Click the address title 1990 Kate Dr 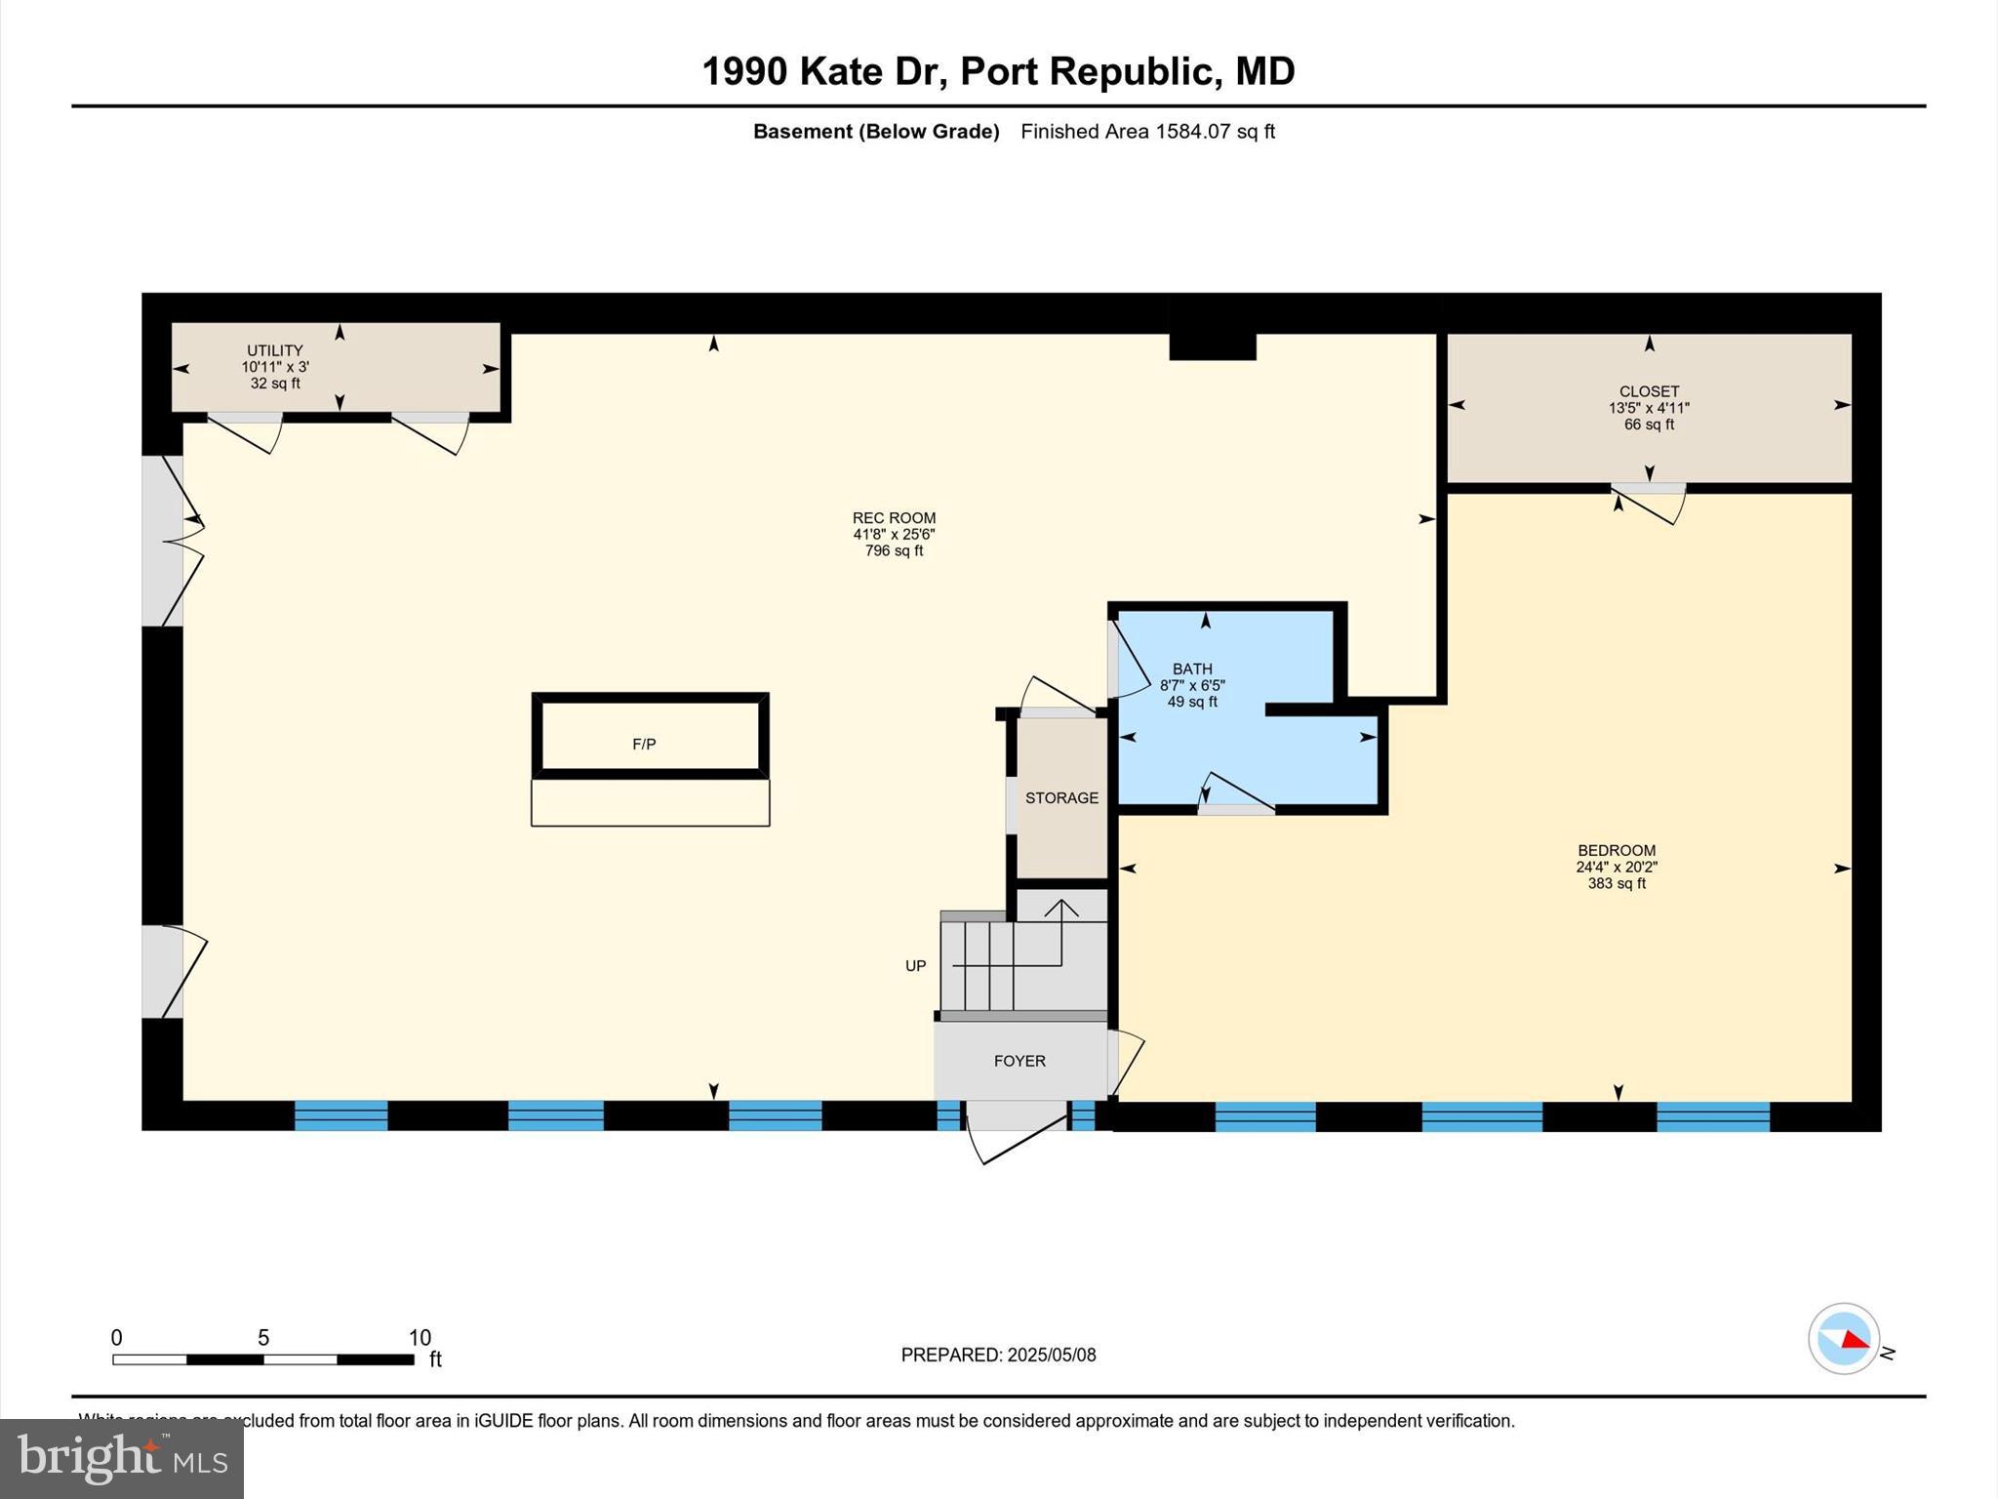(997, 71)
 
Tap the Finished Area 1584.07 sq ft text (1147, 132)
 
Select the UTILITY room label (274, 350)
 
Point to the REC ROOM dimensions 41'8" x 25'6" (894, 535)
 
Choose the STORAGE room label (1061, 798)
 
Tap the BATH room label (1192, 669)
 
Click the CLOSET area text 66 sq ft (1649, 425)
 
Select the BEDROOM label (1617, 850)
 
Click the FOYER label (1019, 1061)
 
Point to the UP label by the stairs (915, 966)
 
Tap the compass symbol (1843, 1339)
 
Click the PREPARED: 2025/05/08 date (998, 1355)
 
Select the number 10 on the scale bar (420, 1338)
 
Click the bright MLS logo (122, 1459)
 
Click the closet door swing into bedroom (1649, 503)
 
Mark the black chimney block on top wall (1212, 342)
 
